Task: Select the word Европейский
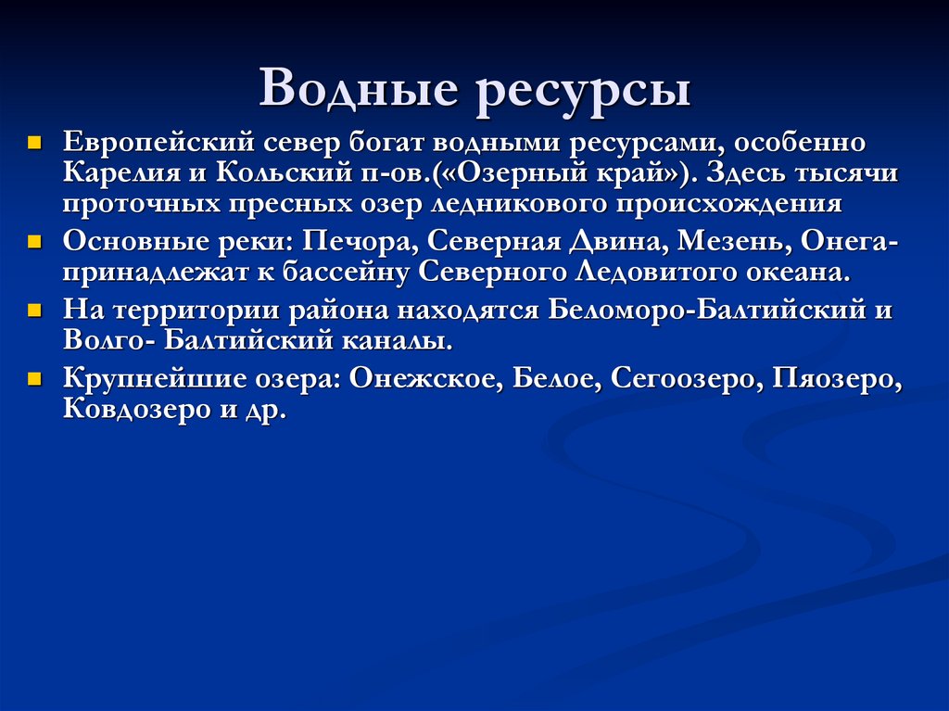coord(158,145)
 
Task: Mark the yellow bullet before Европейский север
coord(34,145)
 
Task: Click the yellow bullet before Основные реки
coord(34,243)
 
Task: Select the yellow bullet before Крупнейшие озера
coord(34,378)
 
